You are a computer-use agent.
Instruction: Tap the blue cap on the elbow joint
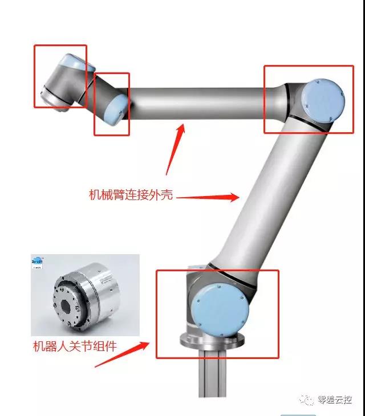point(323,100)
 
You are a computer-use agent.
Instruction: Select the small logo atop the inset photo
point(39,263)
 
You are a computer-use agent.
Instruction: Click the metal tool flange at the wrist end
point(48,96)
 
